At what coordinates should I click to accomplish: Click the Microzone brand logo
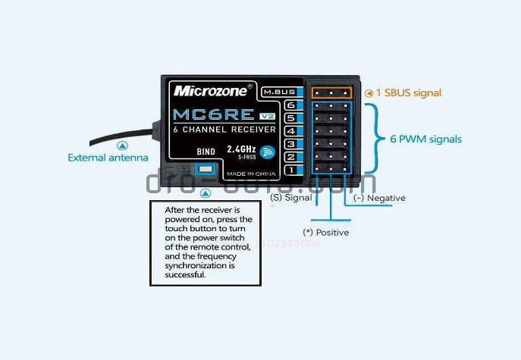[210, 90]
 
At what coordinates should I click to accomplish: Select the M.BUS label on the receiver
[278, 92]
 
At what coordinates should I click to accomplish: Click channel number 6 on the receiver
[290, 105]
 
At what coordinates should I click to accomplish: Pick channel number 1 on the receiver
[290, 170]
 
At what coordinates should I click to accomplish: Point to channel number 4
[290, 131]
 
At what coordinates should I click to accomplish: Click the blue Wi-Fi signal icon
[267, 152]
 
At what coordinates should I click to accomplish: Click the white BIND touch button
[204, 169]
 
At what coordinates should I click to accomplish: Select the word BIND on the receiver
[206, 152]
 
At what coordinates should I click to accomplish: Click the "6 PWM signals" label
[426, 139]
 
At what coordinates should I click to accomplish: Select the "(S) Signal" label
[290, 198]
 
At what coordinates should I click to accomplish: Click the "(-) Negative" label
[379, 198]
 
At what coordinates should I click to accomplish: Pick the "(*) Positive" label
[325, 232]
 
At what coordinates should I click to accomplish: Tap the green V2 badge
[267, 116]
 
